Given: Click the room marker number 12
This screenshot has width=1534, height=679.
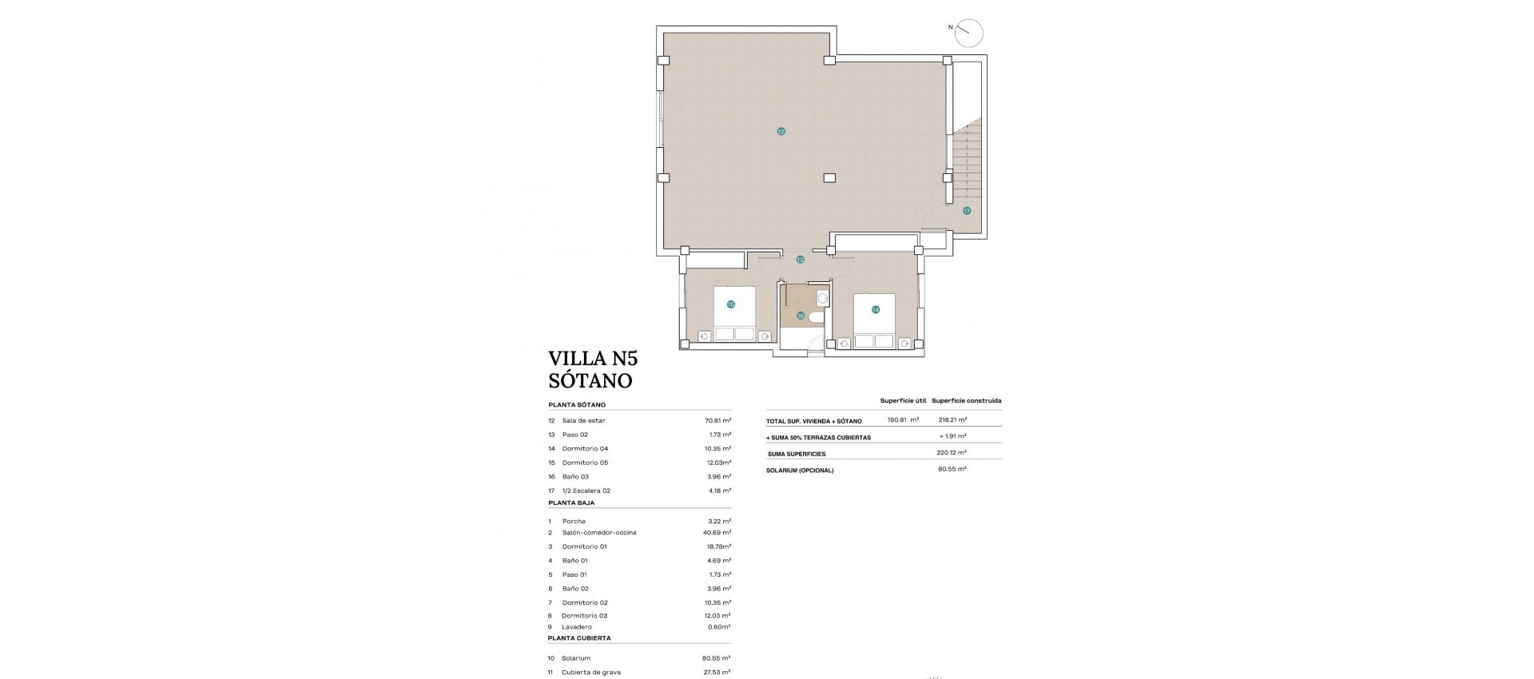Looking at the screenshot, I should pos(781,131).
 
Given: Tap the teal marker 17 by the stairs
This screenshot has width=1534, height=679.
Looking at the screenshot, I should pos(967,211).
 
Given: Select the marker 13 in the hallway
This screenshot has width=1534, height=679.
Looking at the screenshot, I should pos(800,260).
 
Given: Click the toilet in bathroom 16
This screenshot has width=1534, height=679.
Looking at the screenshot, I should pos(816,318).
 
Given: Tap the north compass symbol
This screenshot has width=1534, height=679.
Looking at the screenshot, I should pos(968,33).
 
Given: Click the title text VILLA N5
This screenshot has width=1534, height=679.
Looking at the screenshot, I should pos(593,357).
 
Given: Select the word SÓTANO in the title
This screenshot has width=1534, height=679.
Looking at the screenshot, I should pos(590,380).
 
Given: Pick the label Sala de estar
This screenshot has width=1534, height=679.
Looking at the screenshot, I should pos(583,420).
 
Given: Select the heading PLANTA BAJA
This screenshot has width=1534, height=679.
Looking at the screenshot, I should pos(571,503).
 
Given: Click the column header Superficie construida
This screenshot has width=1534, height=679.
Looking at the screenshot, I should pos(966,401).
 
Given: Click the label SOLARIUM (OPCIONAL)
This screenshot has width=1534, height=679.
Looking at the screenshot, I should pos(800,471).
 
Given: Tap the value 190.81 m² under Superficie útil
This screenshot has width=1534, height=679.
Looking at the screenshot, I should pos(903,419).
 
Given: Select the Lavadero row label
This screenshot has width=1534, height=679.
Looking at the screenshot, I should pos(577,627).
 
